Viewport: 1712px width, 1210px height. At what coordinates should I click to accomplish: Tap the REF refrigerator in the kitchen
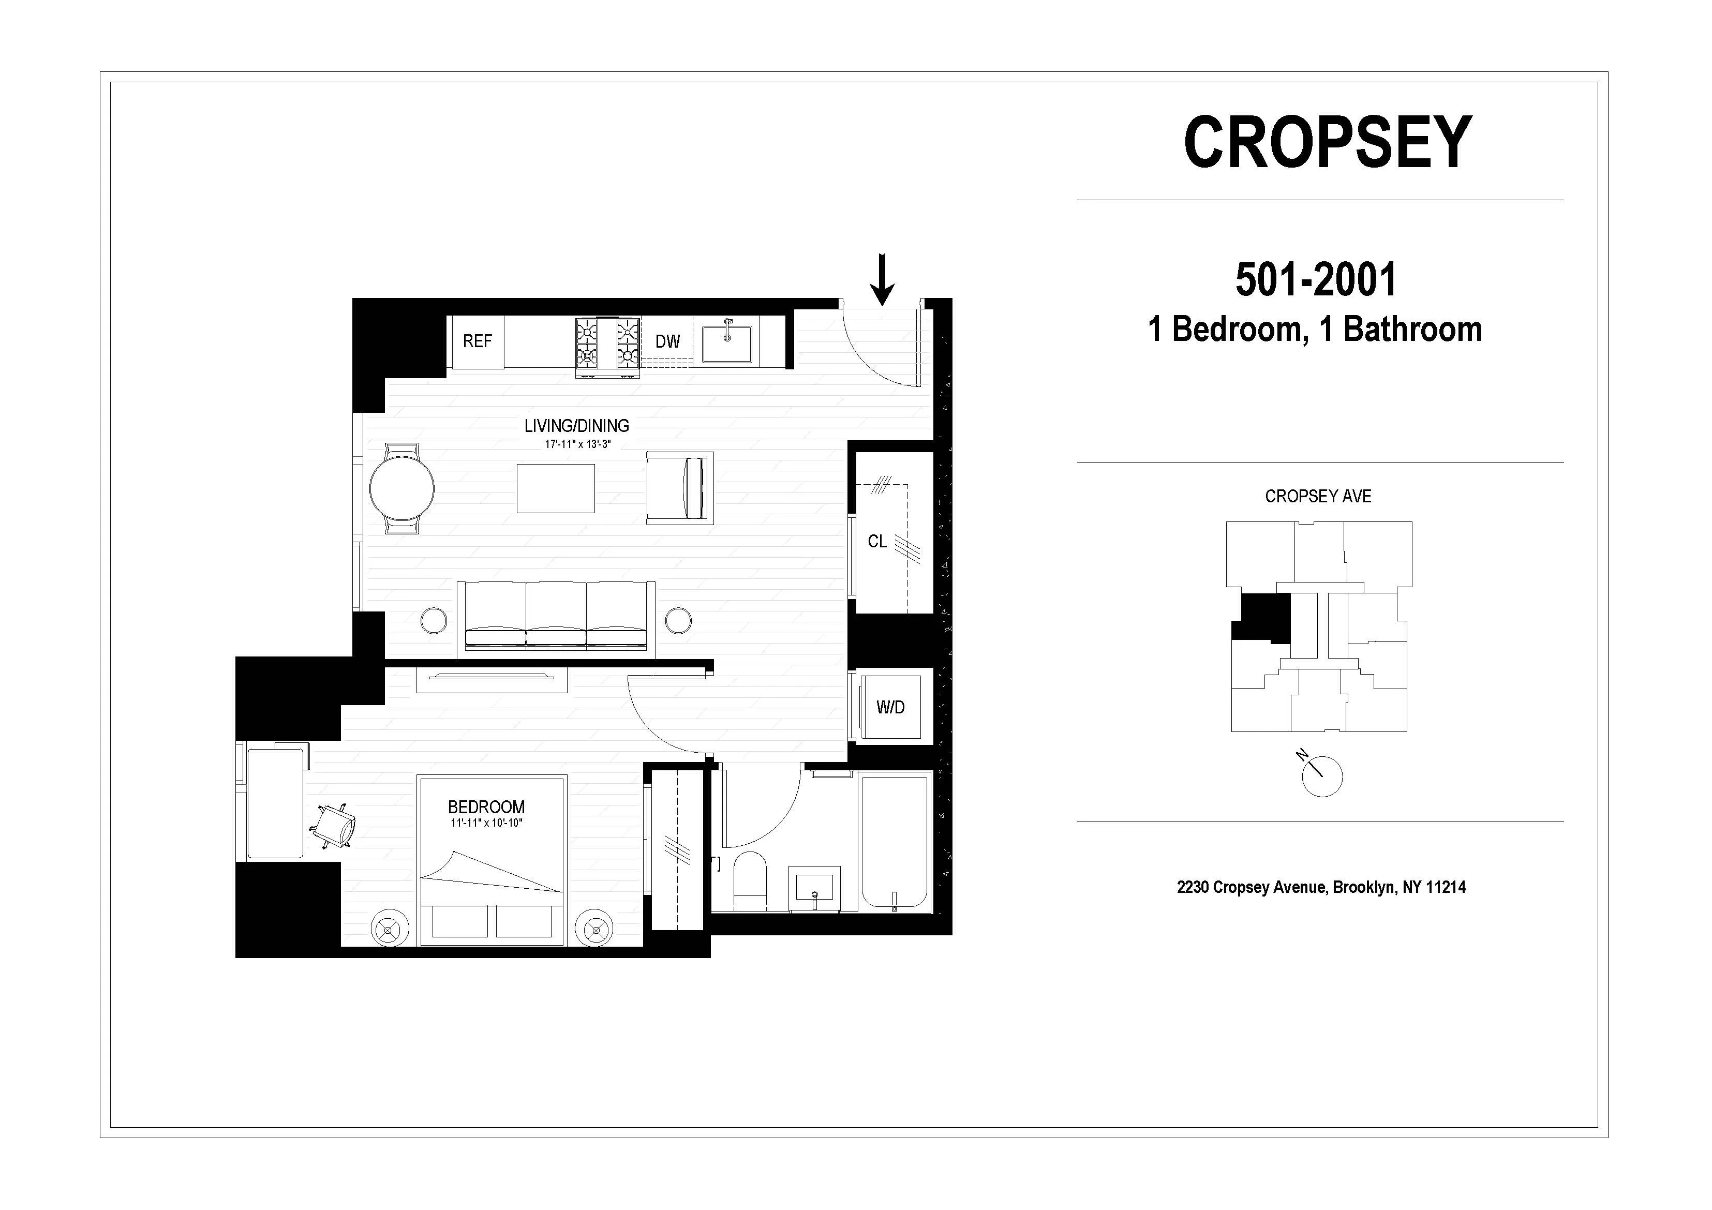[x=477, y=341]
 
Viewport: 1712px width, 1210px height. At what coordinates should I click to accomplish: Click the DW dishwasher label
[x=667, y=341]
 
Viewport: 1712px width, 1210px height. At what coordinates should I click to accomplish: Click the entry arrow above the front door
[x=882, y=279]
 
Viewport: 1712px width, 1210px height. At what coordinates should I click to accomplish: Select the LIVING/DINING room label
[x=576, y=426]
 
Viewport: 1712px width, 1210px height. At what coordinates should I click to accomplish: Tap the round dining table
[x=402, y=489]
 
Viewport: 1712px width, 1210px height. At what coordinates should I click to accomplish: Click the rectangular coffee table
[x=556, y=488]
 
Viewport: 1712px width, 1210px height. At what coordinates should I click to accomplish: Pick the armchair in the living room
[x=679, y=488]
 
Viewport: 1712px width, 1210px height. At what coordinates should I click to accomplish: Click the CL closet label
[x=877, y=541]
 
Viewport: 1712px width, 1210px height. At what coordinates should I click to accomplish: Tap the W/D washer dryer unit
[x=891, y=707]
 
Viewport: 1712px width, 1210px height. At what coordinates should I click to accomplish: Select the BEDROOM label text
[x=486, y=806]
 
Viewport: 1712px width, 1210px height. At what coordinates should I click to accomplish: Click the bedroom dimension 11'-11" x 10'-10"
[x=486, y=823]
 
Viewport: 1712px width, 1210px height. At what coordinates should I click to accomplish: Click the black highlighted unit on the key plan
[x=1262, y=617]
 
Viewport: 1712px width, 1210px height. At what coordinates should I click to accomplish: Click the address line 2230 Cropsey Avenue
[x=1320, y=887]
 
